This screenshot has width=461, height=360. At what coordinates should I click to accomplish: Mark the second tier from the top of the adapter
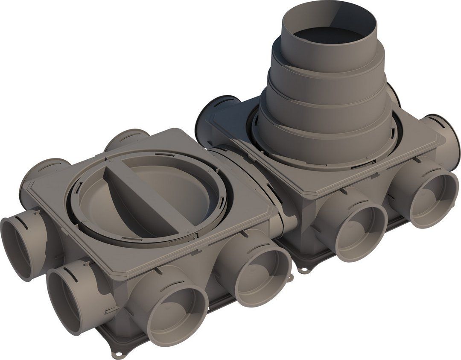click(x=329, y=64)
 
